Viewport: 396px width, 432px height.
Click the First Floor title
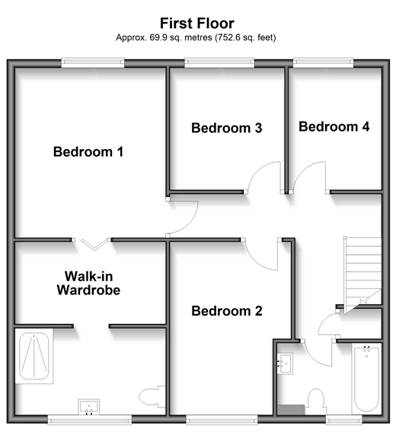(x=197, y=23)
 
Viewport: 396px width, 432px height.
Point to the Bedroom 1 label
(x=88, y=152)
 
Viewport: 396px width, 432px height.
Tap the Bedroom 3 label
(x=227, y=128)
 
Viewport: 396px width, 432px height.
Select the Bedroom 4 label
(x=334, y=127)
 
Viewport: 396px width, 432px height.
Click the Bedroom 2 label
(x=227, y=311)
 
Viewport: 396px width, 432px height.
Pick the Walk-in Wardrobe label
(x=88, y=283)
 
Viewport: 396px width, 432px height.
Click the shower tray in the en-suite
(x=34, y=356)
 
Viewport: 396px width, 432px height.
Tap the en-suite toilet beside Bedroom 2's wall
(x=152, y=397)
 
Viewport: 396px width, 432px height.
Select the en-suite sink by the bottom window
(x=88, y=407)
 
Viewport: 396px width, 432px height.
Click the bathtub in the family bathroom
(x=366, y=379)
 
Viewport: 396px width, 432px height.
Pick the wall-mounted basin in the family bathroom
(x=285, y=364)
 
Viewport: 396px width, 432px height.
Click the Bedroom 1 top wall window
(x=92, y=62)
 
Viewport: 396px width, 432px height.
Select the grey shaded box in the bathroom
(x=291, y=410)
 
